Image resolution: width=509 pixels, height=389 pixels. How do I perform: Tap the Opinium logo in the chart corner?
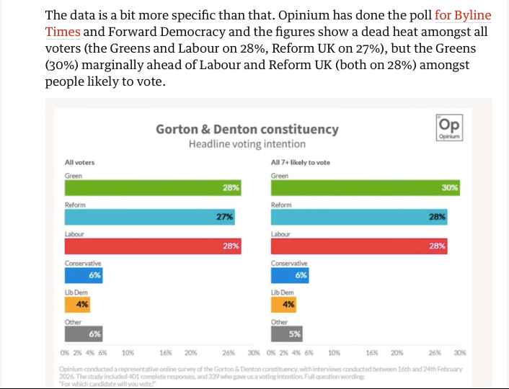point(448,127)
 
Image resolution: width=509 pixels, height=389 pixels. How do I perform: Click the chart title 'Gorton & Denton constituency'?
point(247,130)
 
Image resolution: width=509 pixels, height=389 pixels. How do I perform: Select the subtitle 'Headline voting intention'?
point(247,144)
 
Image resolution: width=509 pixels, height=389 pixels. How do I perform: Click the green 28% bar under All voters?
point(153,187)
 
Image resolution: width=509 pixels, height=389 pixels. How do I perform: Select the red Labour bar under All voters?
point(153,246)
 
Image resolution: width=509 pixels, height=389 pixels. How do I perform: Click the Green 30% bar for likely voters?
point(366,187)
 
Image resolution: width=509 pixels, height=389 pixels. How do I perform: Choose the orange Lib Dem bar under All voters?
point(78,304)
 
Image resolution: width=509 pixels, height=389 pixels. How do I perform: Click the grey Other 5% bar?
point(287,334)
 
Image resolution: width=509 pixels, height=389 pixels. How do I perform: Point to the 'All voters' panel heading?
point(79,162)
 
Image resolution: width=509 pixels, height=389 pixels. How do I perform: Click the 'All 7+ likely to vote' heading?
point(301,162)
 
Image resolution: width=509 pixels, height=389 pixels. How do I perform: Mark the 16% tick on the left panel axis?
point(166,353)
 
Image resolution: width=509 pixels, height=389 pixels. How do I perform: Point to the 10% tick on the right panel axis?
point(335,353)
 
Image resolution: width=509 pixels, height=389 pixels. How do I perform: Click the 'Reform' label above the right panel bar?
point(281,205)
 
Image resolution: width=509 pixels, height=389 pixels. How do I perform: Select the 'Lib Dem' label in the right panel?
point(283,292)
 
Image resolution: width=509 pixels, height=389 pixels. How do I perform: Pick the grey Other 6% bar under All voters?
point(84,334)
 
